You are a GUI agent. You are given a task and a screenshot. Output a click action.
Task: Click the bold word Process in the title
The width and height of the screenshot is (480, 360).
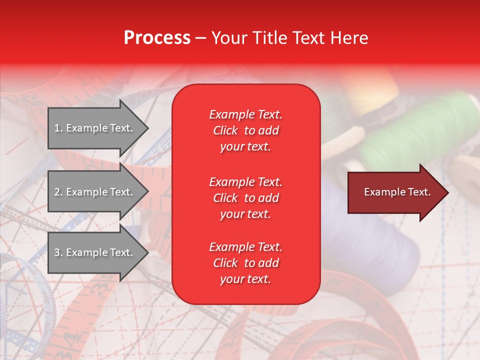(157, 38)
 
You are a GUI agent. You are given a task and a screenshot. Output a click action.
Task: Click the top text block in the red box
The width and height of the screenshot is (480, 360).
(245, 130)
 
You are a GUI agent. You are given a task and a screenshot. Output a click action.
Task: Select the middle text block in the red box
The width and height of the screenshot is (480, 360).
(245, 198)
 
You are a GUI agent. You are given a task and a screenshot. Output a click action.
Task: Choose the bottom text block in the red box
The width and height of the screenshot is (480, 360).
(245, 263)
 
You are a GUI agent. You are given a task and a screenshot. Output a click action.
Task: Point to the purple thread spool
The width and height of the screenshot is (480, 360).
(365, 225)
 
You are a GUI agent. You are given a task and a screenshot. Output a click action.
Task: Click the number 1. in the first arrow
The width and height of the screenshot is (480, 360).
(58, 128)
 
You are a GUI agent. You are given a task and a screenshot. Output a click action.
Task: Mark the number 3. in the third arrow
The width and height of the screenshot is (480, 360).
(58, 252)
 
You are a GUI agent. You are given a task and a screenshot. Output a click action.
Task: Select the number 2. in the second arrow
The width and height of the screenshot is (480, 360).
(58, 192)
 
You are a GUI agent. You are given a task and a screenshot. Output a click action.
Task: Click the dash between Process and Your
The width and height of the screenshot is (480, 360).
(200, 38)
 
